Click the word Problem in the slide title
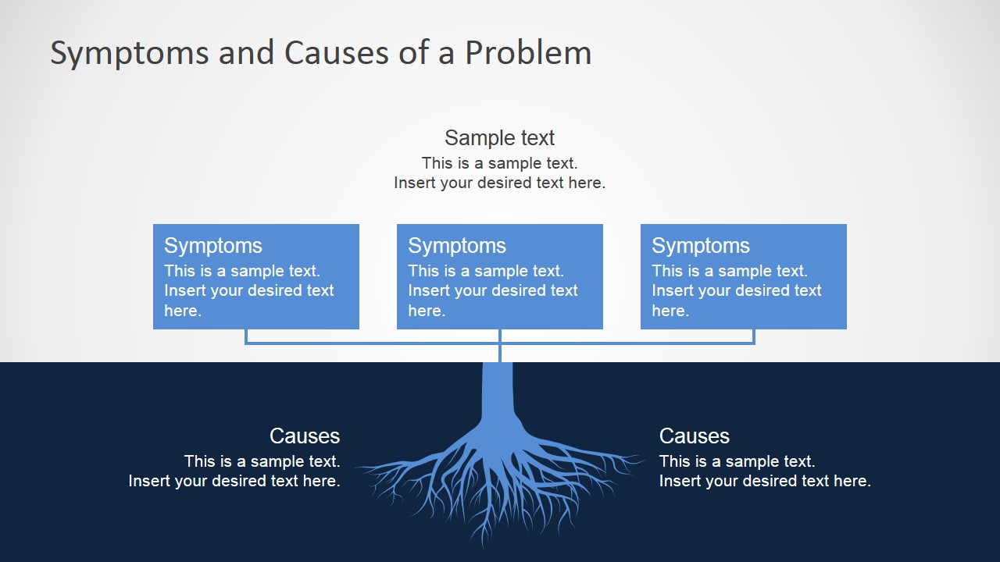click(x=528, y=53)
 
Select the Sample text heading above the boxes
click(x=499, y=138)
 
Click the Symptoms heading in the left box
click(x=212, y=245)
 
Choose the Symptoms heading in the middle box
click(x=456, y=245)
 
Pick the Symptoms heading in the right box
click(x=700, y=245)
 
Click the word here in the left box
click(x=182, y=311)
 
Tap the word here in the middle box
click(x=426, y=311)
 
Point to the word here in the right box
click(x=670, y=311)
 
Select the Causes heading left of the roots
click(x=304, y=436)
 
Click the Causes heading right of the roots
click(x=694, y=436)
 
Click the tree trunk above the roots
click(x=498, y=394)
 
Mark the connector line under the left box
click(x=247, y=336)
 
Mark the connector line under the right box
click(x=753, y=336)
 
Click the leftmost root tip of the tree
click(x=359, y=468)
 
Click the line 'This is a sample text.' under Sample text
click(x=499, y=163)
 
